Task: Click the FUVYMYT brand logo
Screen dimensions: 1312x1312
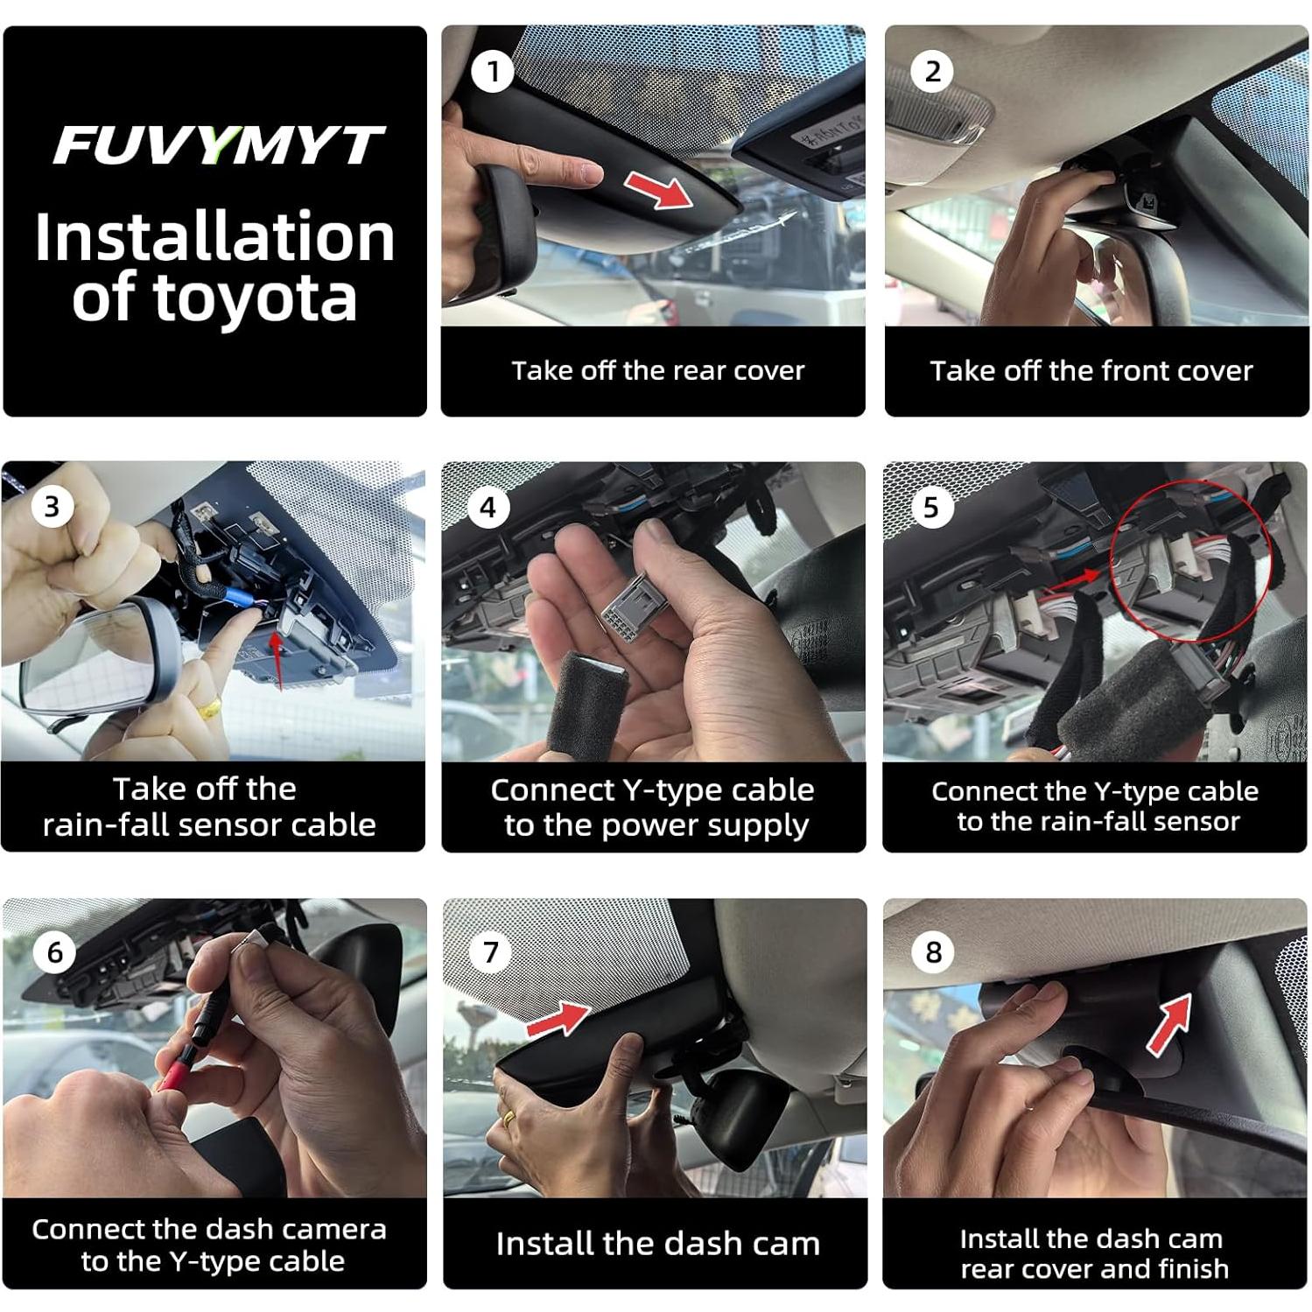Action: tap(217, 145)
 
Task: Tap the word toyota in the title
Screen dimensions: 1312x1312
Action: tap(256, 299)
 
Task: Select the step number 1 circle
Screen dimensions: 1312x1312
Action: tap(493, 71)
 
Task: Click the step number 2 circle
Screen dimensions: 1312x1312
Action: tap(933, 71)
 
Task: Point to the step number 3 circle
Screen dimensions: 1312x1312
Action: tap(52, 506)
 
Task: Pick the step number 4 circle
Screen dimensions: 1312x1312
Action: tap(488, 507)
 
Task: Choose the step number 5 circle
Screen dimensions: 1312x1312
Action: tap(931, 507)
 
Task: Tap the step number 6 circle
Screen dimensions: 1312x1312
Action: tap(55, 951)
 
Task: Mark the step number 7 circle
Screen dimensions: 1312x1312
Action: tap(491, 951)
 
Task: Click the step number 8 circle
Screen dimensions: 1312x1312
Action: tap(934, 951)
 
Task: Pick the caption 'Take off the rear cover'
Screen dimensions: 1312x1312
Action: tap(657, 371)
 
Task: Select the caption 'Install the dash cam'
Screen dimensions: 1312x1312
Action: tap(657, 1244)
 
